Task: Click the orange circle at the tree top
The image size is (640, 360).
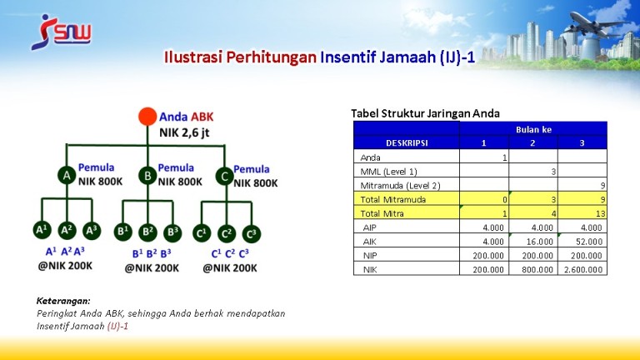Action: (147, 117)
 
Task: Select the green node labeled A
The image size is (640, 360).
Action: (67, 175)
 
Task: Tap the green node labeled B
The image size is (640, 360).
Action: (147, 176)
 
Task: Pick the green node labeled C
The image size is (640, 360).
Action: (224, 177)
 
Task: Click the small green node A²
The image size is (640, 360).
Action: (67, 231)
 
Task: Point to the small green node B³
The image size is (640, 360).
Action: (172, 232)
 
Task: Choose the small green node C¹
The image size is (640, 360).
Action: (202, 233)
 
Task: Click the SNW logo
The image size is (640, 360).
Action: (61, 32)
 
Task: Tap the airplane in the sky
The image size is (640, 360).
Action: (599, 24)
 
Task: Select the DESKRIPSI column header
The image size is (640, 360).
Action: (407, 142)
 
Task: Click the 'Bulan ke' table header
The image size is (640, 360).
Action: (533, 129)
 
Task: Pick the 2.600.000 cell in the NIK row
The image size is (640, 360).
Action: (582, 269)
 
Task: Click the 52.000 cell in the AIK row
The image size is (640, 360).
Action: (582, 241)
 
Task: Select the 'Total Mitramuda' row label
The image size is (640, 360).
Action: (393, 200)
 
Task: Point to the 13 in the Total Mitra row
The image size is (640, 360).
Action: (600, 213)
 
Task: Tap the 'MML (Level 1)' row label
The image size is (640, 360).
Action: (388, 172)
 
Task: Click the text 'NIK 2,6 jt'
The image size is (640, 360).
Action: (184, 132)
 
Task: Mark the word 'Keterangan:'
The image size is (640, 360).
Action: (63, 301)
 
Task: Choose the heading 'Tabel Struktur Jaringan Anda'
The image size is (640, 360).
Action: (425, 113)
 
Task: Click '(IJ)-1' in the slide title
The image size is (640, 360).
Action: (457, 57)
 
